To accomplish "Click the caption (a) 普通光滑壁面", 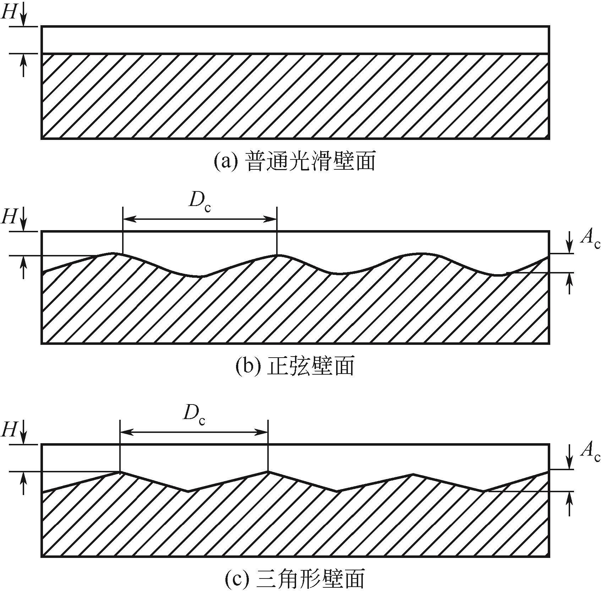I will pos(295,162).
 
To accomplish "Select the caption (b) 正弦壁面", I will pos(295,366).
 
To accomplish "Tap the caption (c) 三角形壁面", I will pos(295,579).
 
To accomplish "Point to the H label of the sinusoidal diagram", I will pos(9,217).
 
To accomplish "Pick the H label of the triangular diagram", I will pos(9,430).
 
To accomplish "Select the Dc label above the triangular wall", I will pos(194,414).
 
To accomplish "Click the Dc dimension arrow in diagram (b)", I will pos(200,219).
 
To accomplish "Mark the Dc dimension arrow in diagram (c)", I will pos(194,432).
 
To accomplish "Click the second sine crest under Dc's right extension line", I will pos(277,255).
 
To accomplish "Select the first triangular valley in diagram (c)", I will pos(188,491).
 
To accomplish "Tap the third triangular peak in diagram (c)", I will pos(412,474).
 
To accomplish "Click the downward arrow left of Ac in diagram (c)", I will pos(570,460).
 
